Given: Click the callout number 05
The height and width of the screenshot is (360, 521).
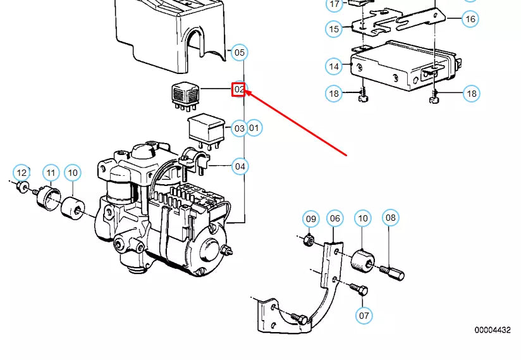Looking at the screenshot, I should click(239, 53).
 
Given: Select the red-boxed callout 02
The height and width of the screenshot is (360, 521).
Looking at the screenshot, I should click(239, 90).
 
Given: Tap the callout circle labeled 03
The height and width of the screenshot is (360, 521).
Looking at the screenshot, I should click(239, 128).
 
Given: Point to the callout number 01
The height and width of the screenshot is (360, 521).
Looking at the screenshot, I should click(254, 128).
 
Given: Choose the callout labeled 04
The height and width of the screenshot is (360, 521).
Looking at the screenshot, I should click(240, 167).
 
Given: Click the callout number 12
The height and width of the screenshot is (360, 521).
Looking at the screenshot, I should click(21, 173).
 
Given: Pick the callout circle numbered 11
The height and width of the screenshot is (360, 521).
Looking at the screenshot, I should click(51, 173).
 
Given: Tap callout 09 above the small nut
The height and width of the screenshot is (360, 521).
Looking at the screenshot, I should click(310, 219).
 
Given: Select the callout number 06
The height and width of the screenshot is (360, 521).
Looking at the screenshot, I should click(334, 219).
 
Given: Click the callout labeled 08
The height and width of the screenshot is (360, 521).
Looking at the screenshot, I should click(391, 218).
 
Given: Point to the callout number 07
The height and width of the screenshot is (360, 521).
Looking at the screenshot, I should click(364, 314).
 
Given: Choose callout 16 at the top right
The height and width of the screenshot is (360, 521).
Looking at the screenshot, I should click(470, 19).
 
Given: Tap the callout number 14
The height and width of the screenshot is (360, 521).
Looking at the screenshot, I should click(334, 66).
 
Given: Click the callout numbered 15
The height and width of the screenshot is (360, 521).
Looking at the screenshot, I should click(334, 28).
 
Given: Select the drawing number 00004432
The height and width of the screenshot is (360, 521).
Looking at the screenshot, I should click(493, 330).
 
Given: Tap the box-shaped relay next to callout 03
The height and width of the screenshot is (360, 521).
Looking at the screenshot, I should click(207, 128).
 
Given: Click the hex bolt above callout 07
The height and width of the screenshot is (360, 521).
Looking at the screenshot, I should click(359, 290).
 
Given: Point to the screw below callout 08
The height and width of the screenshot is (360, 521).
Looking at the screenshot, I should click(393, 272).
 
